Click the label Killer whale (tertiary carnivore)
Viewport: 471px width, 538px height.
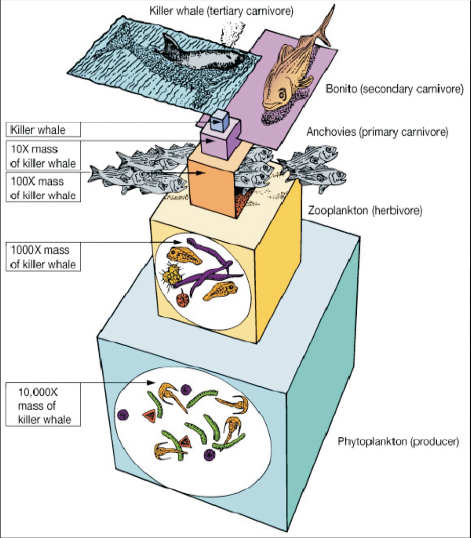click(x=221, y=11)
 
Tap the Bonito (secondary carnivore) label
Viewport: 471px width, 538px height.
click(x=395, y=89)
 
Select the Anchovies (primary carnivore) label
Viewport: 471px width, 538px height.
click(x=377, y=132)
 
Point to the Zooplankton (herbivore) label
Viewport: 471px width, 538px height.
click(x=365, y=211)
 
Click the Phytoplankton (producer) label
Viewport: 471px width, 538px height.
click(x=398, y=441)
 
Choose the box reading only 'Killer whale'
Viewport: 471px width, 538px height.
click(x=43, y=129)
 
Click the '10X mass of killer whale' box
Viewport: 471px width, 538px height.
click(x=43, y=156)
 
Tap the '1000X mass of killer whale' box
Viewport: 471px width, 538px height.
click(x=43, y=257)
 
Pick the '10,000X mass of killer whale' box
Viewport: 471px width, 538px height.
click(x=43, y=405)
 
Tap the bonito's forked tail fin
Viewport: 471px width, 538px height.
click(x=323, y=27)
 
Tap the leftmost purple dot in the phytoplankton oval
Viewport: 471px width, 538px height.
click(x=123, y=415)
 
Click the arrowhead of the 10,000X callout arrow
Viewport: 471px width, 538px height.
click(x=152, y=382)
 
